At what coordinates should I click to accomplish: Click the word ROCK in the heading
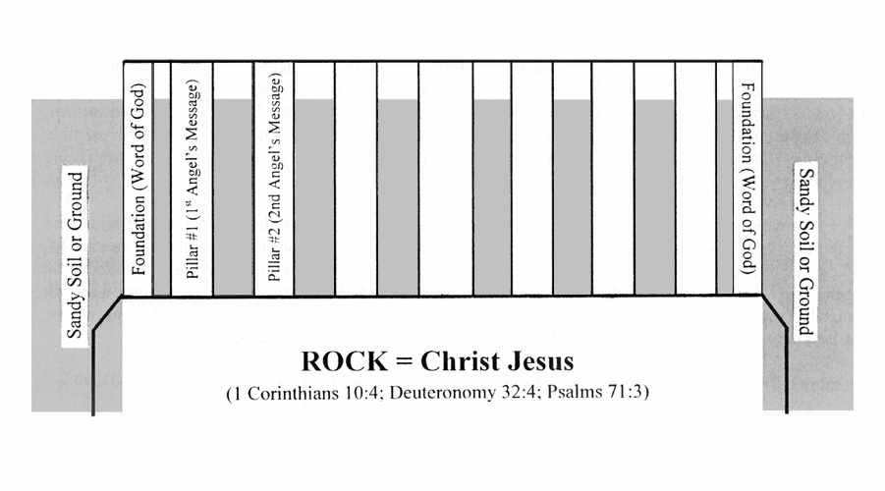[345, 361]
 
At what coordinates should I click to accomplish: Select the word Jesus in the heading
[540, 361]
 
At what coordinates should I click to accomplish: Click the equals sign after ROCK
[404, 361]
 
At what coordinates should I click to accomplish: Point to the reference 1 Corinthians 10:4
[304, 392]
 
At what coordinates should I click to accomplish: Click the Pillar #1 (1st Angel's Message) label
[193, 179]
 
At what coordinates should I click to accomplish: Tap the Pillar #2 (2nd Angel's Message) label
[274, 179]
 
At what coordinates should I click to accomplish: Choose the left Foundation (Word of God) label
[138, 179]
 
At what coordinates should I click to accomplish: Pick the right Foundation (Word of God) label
[747, 179]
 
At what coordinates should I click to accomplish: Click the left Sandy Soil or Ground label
[75, 255]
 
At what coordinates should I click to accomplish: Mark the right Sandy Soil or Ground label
[806, 251]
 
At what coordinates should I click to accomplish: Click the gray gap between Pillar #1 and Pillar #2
[233, 197]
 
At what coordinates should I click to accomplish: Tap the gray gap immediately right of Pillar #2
[314, 197]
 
